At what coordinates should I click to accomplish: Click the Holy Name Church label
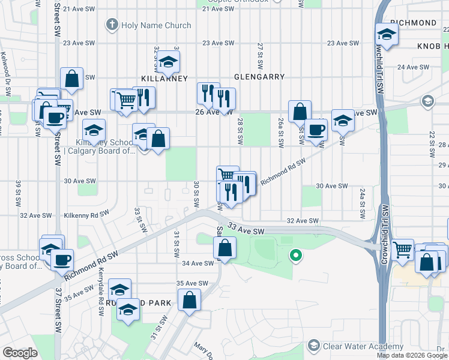[155, 25]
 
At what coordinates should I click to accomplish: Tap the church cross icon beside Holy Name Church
[111, 25]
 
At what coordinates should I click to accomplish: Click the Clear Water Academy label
[363, 346]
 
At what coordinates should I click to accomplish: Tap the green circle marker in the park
[295, 256]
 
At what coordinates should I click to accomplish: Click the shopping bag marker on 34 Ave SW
[224, 248]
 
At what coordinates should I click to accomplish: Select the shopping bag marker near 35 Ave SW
[189, 301]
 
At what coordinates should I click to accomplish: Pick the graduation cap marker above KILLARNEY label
[169, 61]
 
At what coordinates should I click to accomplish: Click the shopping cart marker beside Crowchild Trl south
[403, 250]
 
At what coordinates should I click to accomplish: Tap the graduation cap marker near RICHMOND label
[387, 35]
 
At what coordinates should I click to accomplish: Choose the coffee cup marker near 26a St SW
[316, 129]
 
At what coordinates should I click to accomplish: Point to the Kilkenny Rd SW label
[86, 214]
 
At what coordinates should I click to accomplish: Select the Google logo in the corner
[20, 353]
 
